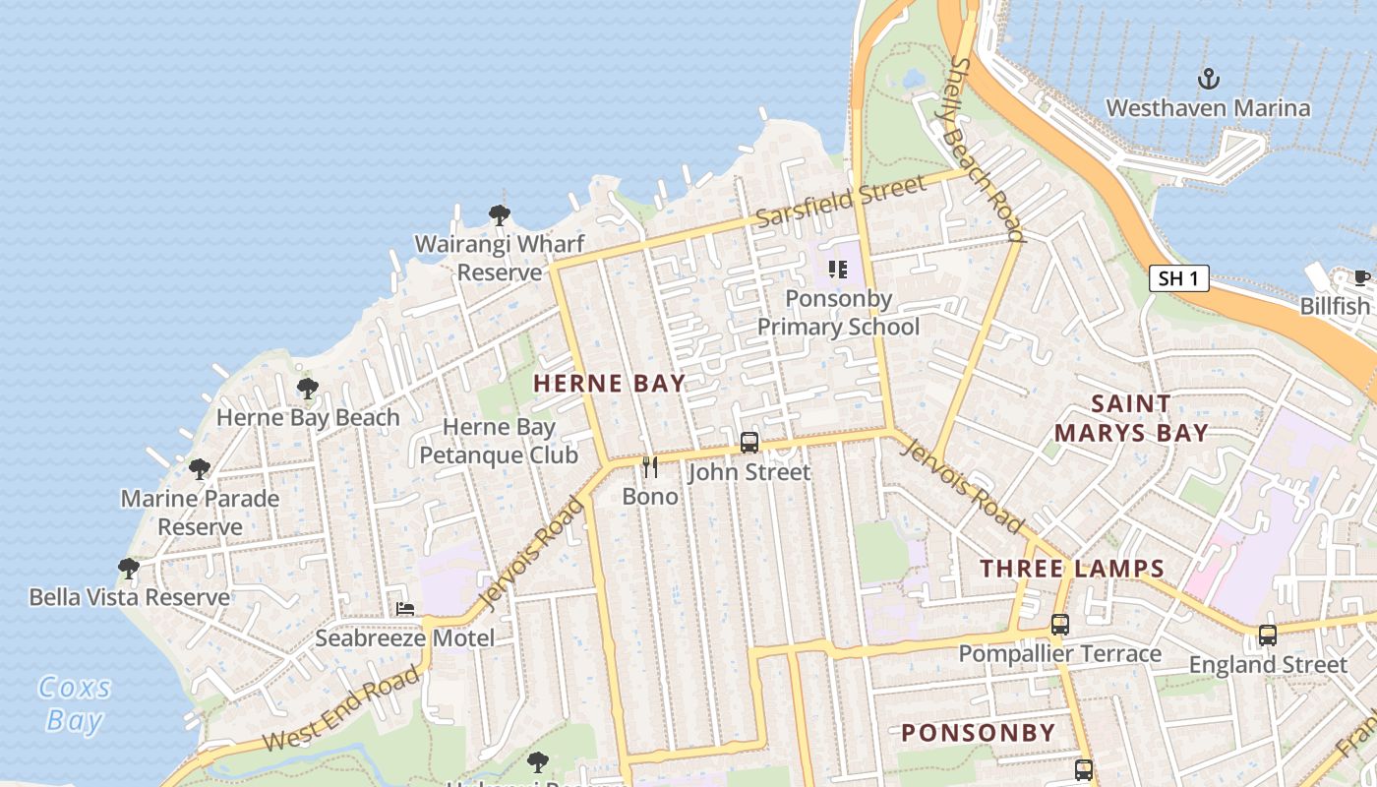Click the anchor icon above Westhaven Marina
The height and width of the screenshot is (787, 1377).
click(x=1208, y=79)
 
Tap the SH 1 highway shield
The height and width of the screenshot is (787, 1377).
click(x=1178, y=278)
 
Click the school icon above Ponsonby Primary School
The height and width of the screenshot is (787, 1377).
click(x=838, y=269)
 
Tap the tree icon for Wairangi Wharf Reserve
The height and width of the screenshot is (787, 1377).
click(x=500, y=214)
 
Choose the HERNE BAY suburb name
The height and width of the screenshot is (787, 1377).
click(x=609, y=384)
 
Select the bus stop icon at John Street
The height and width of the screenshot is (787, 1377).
click(x=749, y=443)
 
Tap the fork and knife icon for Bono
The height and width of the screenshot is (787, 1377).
click(x=649, y=466)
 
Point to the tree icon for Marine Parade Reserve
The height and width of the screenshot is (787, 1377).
click(x=200, y=468)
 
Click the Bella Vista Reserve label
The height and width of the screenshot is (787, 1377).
click(x=129, y=597)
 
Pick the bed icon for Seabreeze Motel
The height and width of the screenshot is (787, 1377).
click(x=405, y=609)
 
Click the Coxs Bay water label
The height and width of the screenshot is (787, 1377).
click(x=75, y=703)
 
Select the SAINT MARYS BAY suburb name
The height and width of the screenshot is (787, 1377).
click(x=1131, y=418)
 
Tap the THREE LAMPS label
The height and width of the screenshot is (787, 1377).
click(x=1072, y=569)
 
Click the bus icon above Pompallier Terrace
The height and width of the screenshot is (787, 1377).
click(x=1059, y=624)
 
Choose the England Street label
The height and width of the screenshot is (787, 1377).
click(x=1268, y=665)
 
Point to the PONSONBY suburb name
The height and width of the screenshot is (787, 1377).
click(x=978, y=733)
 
